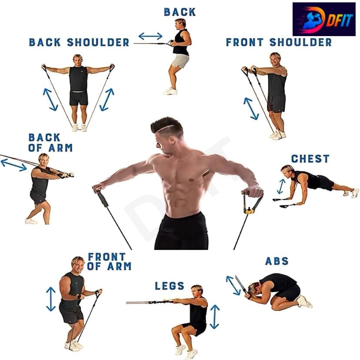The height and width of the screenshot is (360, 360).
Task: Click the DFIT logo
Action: pos(324,19)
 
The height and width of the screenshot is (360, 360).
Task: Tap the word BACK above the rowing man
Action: pos(180,12)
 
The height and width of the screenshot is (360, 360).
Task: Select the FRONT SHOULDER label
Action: pos(279,42)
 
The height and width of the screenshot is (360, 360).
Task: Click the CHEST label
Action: pos(310,159)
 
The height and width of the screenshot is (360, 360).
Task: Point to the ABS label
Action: pos(277,261)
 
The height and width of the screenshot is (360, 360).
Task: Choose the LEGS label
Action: pos(170,286)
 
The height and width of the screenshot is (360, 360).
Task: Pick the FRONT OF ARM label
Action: pos(109,261)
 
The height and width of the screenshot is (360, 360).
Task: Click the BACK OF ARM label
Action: pos(50,143)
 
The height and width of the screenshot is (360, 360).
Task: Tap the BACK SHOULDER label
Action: pos(79,42)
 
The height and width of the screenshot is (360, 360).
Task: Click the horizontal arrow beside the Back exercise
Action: pos(150,36)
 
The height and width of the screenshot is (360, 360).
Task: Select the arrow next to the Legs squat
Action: pos(214,317)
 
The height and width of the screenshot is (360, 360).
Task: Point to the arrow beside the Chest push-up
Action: pos(281,187)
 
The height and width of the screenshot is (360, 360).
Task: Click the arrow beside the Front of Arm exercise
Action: pos(51,299)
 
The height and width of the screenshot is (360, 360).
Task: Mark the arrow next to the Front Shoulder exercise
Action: pos(251,109)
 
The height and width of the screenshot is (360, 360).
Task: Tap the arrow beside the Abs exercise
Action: pos(233,285)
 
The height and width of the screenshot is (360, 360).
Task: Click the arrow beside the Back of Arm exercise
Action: pos(14,165)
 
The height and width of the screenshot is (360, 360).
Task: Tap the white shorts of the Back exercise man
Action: pos(180,61)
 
